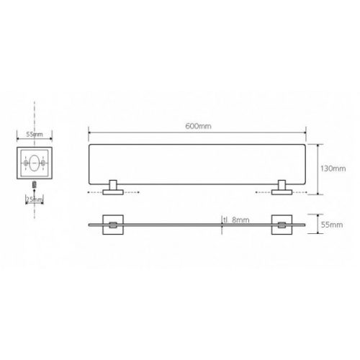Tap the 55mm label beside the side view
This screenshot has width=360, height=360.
[332, 225]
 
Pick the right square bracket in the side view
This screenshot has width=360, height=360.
[282, 225]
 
